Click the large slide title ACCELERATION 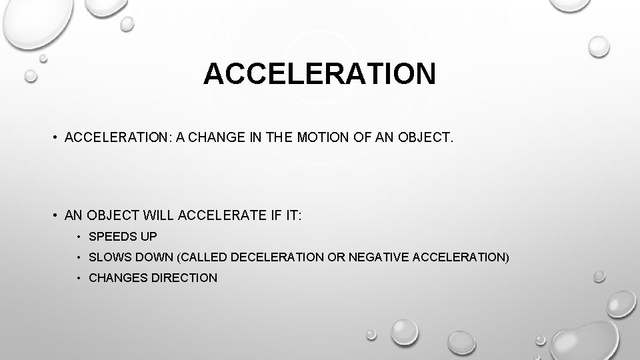320,74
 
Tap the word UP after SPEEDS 148,236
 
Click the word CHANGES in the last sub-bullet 116,277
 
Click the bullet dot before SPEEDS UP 79,237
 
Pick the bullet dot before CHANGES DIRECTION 79,278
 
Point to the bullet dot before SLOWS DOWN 79,257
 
